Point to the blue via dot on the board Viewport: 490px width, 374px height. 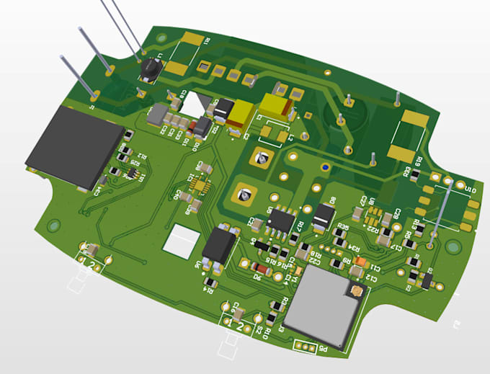326,168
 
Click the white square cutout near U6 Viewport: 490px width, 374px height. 182,239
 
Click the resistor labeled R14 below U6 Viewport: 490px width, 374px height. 210,281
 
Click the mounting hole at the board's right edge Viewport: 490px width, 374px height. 453,247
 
